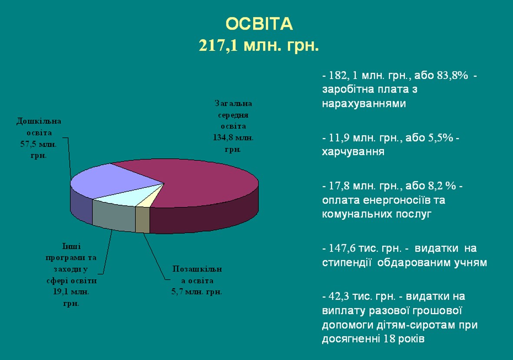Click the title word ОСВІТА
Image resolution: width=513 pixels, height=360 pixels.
click(x=259, y=24)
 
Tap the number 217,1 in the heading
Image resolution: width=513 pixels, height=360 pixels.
click(x=218, y=46)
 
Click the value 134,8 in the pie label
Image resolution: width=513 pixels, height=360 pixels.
click(x=223, y=137)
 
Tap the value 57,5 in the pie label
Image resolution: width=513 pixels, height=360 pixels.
click(x=28, y=144)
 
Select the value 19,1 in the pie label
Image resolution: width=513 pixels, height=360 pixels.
click(x=62, y=292)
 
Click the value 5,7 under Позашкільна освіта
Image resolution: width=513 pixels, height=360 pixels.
click(x=177, y=292)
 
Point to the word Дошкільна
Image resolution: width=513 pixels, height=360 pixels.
click(x=39, y=121)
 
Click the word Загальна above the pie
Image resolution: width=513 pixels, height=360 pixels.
click(x=233, y=103)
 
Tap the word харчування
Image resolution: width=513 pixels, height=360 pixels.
click(x=353, y=152)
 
